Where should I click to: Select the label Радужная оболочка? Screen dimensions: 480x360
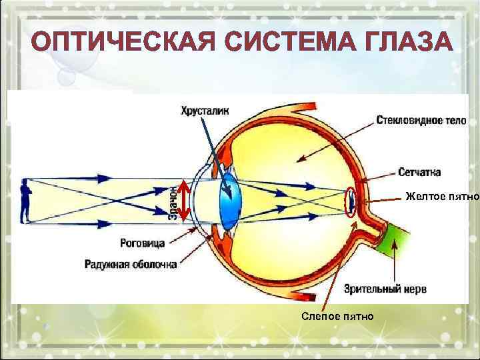[131, 264]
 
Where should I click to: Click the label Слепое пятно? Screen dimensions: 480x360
[337, 315]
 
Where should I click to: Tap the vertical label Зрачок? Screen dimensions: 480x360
[172, 201]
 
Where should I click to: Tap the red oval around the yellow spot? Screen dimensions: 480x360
[350, 201]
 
